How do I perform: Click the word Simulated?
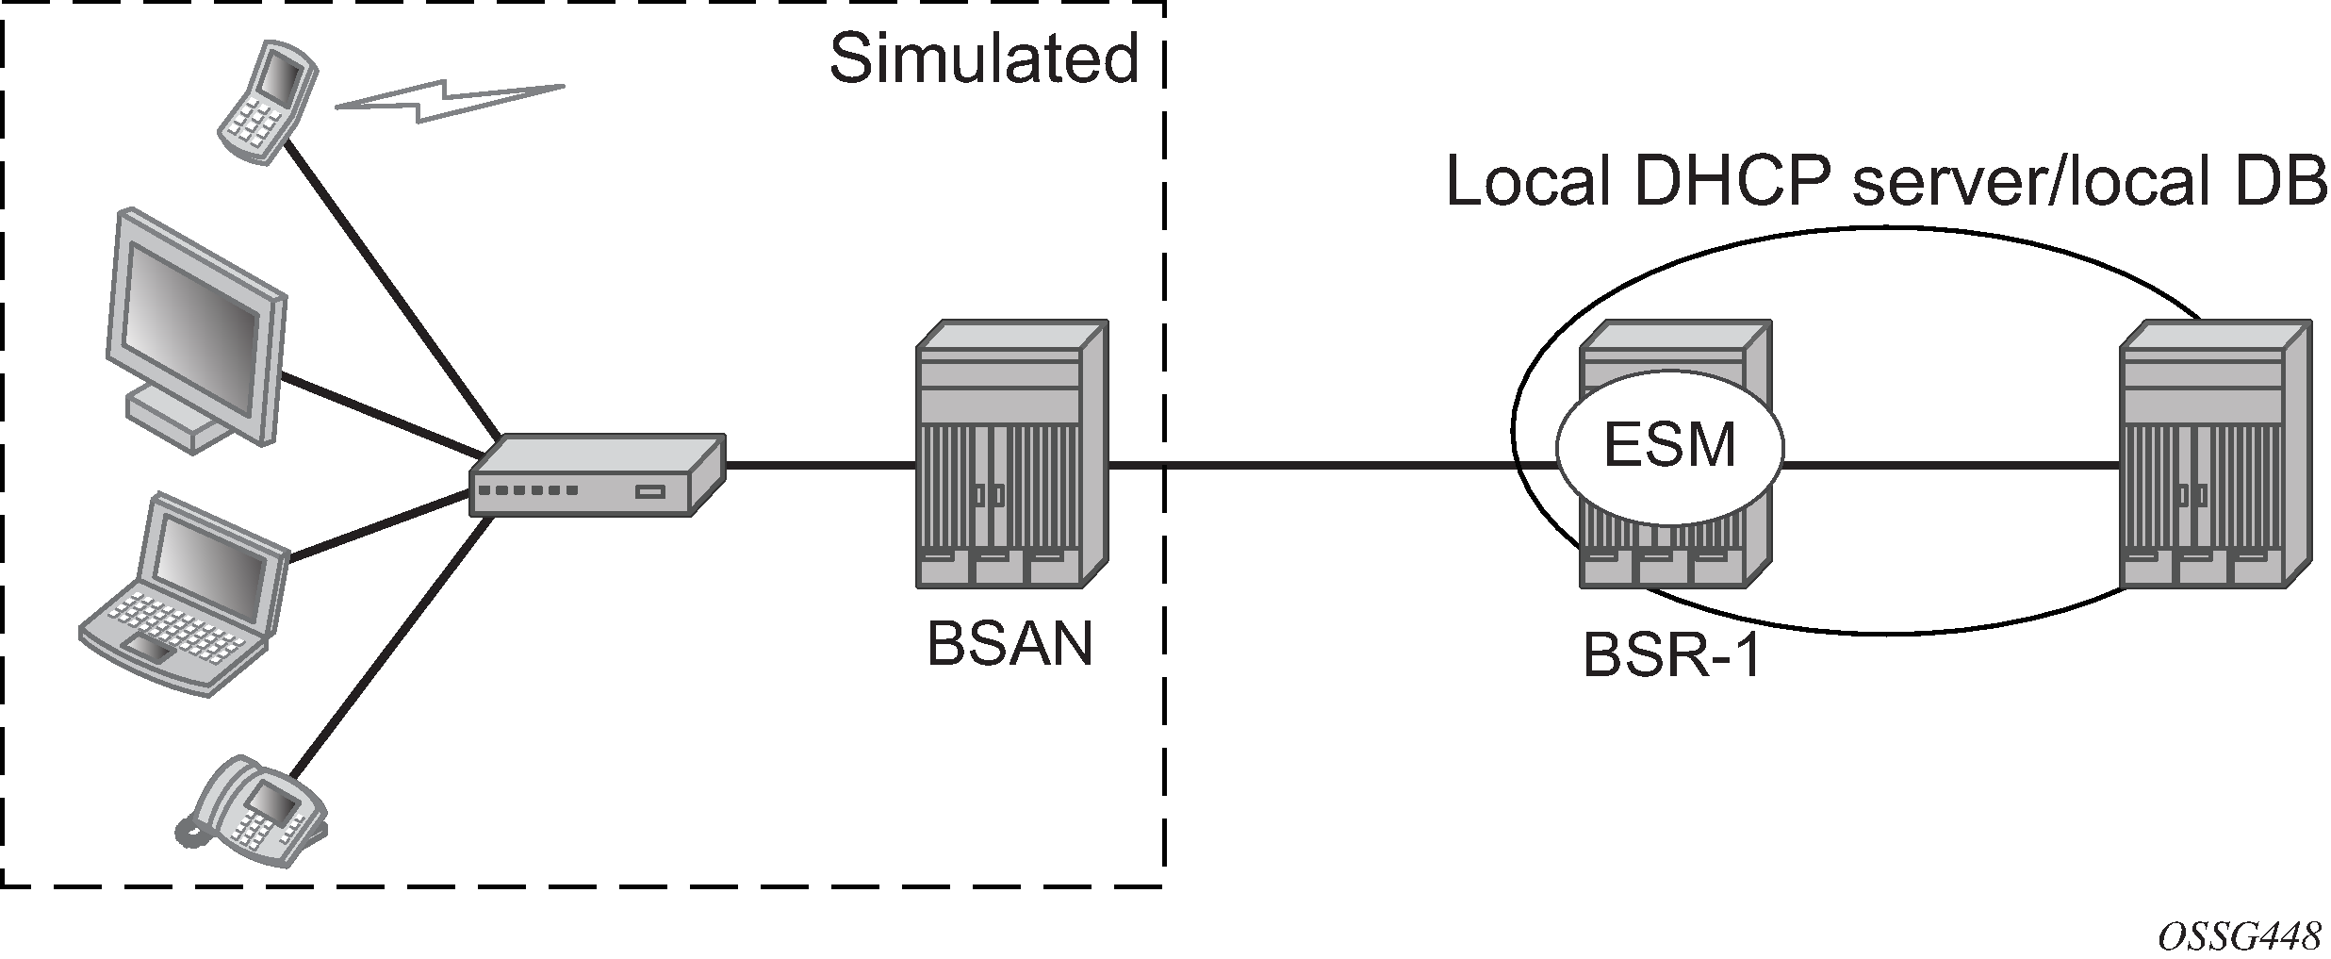[984, 60]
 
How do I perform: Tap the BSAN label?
[1010, 645]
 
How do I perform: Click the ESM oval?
[1669, 444]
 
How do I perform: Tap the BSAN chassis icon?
[1011, 454]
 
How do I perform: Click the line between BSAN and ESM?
[1329, 464]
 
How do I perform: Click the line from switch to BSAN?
[820, 464]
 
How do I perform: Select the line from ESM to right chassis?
[1951, 464]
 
